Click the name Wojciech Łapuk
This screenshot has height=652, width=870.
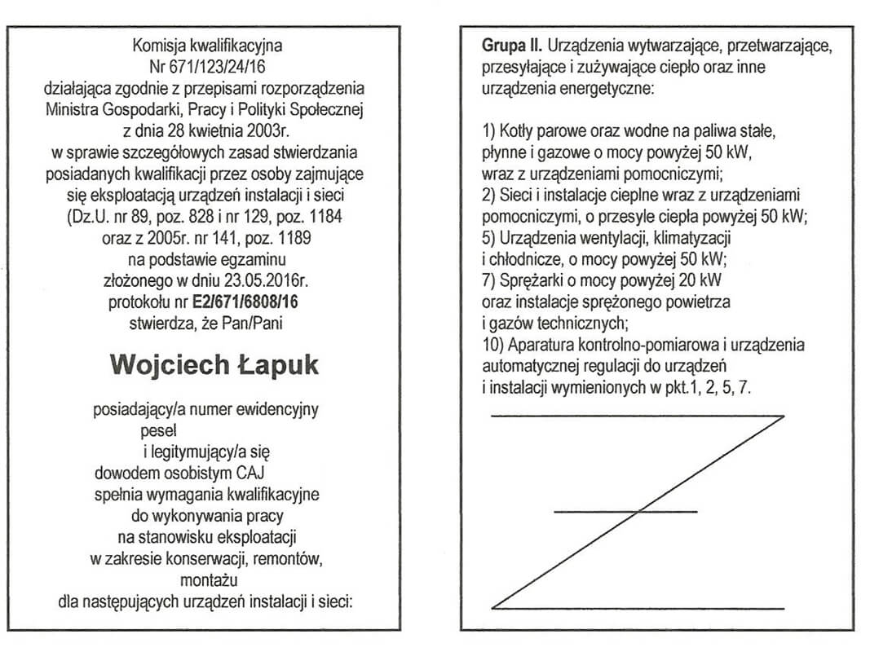tap(214, 365)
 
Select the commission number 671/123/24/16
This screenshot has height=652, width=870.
tap(216, 67)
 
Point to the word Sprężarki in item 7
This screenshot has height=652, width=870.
tap(529, 280)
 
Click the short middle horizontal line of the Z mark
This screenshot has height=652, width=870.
tap(625, 512)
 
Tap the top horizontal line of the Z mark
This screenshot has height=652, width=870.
tap(637, 416)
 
